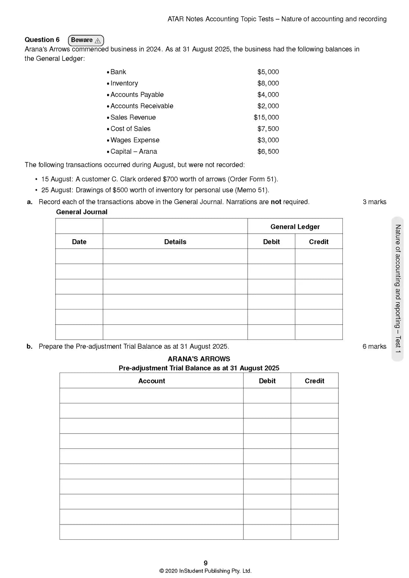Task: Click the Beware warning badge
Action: pyautogui.click(x=86, y=40)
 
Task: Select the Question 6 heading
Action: pyautogui.click(x=42, y=40)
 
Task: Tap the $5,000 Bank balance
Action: pyautogui.click(x=268, y=72)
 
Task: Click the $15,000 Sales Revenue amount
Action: pyautogui.click(x=266, y=117)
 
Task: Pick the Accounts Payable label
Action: pyautogui.click(x=137, y=95)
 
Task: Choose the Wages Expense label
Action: pyautogui.click(x=135, y=140)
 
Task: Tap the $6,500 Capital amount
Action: pyautogui.click(x=268, y=152)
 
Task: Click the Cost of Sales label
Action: pyautogui.click(x=131, y=129)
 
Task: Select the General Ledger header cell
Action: pyautogui.click(x=295, y=227)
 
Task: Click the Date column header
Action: pyautogui.click(x=79, y=242)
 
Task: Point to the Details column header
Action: pyautogui.click(x=175, y=242)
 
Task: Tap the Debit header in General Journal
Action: pyautogui.click(x=271, y=242)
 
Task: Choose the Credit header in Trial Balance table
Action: pyautogui.click(x=315, y=381)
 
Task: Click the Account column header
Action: pyautogui.click(x=152, y=381)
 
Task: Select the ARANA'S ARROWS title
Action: pyautogui.click(x=199, y=359)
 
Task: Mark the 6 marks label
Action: pyautogui.click(x=374, y=347)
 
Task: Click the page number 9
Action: pyautogui.click(x=206, y=563)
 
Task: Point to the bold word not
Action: pyautogui.click(x=276, y=202)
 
